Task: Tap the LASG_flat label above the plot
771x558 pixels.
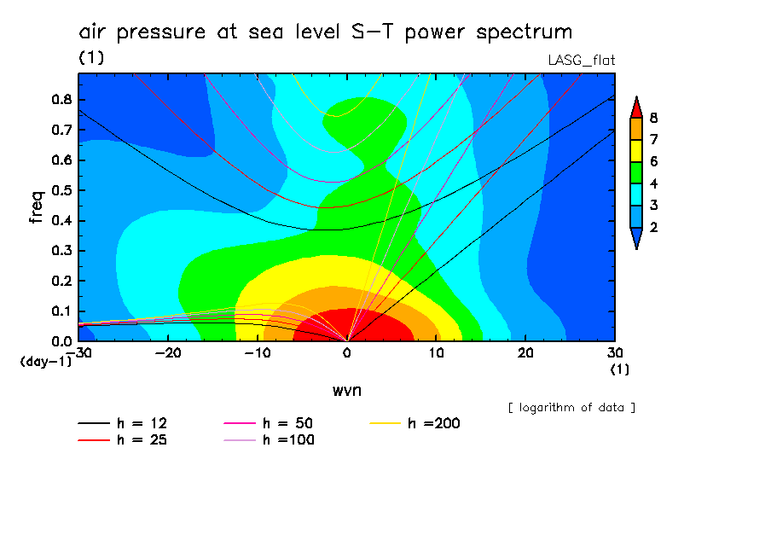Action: tap(581, 60)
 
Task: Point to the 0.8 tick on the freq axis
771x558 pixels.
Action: tap(62, 99)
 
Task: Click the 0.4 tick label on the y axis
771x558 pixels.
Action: tap(62, 220)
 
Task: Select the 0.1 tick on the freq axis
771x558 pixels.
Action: tap(62, 311)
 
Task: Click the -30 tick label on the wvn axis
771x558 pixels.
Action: tap(78, 352)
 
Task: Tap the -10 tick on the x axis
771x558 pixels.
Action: tap(258, 352)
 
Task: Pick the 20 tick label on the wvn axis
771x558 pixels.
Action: tap(525, 352)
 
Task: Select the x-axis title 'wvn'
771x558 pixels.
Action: tap(346, 390)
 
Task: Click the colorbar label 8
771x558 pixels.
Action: tap(654, 118)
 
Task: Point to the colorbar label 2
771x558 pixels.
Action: tap(654, 228)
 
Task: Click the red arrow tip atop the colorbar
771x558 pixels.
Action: tap(635, 107)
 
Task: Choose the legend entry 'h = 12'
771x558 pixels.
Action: tap(124, 423)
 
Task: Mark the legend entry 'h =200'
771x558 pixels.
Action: tap(417, 423)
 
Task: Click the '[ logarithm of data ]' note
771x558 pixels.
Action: tap(571, 407)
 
